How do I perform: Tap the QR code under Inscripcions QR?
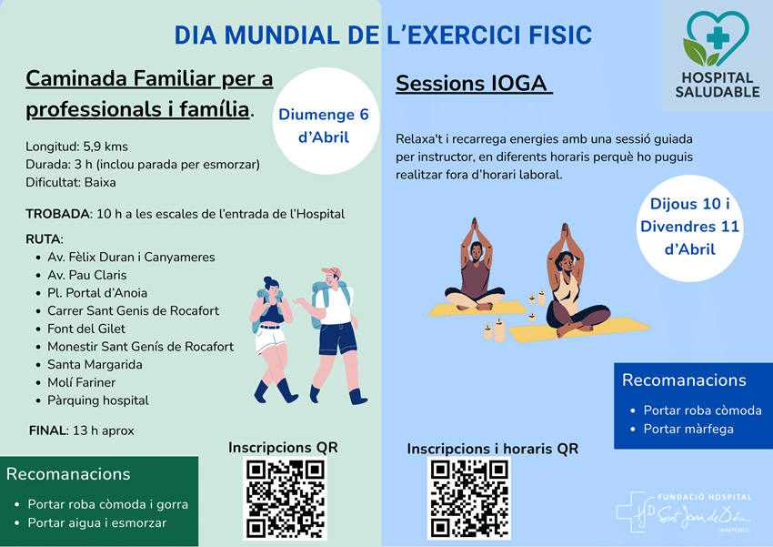(x=285, y=498)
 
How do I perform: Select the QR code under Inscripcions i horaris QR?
(x=469, y=498)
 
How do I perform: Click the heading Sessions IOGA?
(x=472, y=84)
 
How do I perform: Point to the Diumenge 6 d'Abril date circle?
(x=326, y=121)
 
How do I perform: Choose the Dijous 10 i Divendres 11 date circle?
(x=689, y=228)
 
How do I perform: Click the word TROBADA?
(x=57, y=214)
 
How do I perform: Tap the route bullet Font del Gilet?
(x=86, y=329)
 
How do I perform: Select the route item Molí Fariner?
(x=81, y=382)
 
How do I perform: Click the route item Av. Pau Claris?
(x=86, y=275)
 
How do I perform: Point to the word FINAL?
(x=48, y=431)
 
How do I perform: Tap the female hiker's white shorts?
(x=270, y=338)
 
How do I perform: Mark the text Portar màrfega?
(x=688, y=429)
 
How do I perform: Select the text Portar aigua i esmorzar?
(x=96, y=522)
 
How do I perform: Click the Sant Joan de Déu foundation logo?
(x=684, y=512)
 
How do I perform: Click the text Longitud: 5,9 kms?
(x=76, y=147)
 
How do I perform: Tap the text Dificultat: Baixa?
(x=71, y=183)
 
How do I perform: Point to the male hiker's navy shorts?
(x=337, y=338)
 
